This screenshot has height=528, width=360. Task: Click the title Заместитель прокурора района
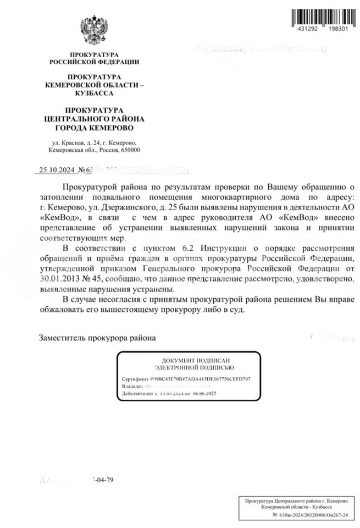(97, 337)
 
